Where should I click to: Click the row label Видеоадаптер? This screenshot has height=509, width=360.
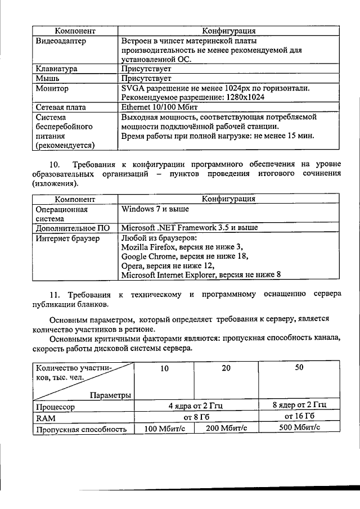59,41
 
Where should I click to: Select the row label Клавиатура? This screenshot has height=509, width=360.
56,69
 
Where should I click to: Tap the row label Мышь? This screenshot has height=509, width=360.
48,79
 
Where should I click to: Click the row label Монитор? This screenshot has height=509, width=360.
52,88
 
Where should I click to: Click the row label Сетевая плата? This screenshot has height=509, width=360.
61,107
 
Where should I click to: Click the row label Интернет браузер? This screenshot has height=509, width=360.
67,238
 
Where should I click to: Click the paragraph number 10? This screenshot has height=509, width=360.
55,164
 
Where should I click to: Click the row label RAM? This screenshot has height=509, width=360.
44,417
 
